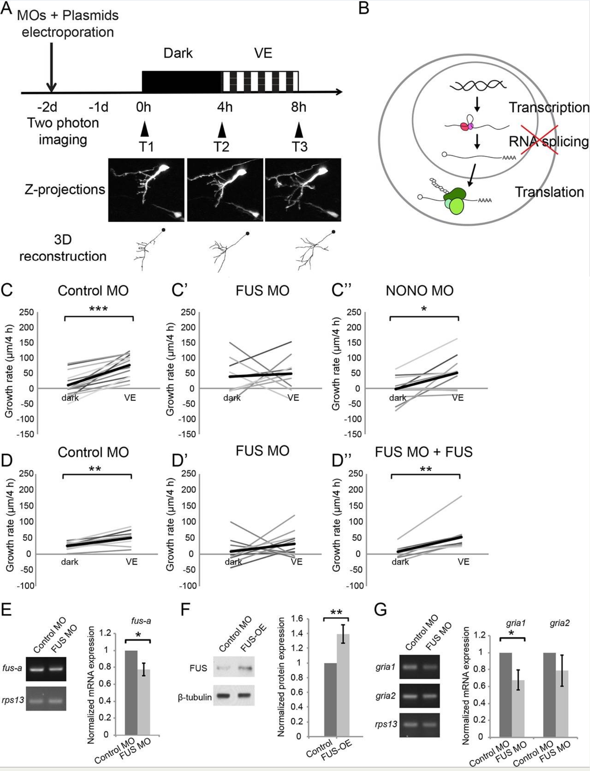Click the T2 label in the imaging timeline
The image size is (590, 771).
click(x=221, y=147)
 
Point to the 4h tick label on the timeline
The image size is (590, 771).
click(x=225, y=107)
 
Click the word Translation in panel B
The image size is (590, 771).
click(x=549, y=192)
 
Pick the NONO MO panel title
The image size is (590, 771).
click(x=420, y=291)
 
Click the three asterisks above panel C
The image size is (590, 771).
click(x=99, y=309)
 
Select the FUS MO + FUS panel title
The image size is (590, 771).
click(x=424, y=452)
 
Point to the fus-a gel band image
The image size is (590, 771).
click(x=46, y=669)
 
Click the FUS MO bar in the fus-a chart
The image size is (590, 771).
click(x=144, y=702)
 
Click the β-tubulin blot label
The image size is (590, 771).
click(x=195, y=697)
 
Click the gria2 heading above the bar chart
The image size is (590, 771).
click(x=559, y=623)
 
